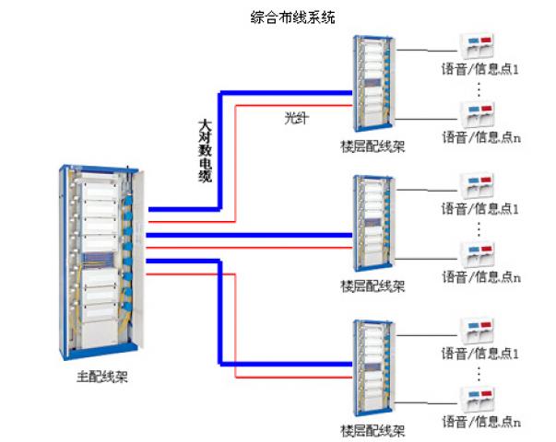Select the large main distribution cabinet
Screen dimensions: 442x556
pyautogui.click(x=101, y=262)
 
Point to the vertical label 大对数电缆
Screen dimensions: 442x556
pyautogui.click(x=205, y=150)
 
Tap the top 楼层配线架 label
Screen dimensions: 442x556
pyautogui.click(x=373, y=146)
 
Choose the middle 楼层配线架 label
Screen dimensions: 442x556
pyautogui.click(x=373, y=286)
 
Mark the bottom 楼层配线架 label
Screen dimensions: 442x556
pyautogui.click(x=373, y=430)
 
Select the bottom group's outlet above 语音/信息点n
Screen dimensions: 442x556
pyautogui.click(x=478, y=397)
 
